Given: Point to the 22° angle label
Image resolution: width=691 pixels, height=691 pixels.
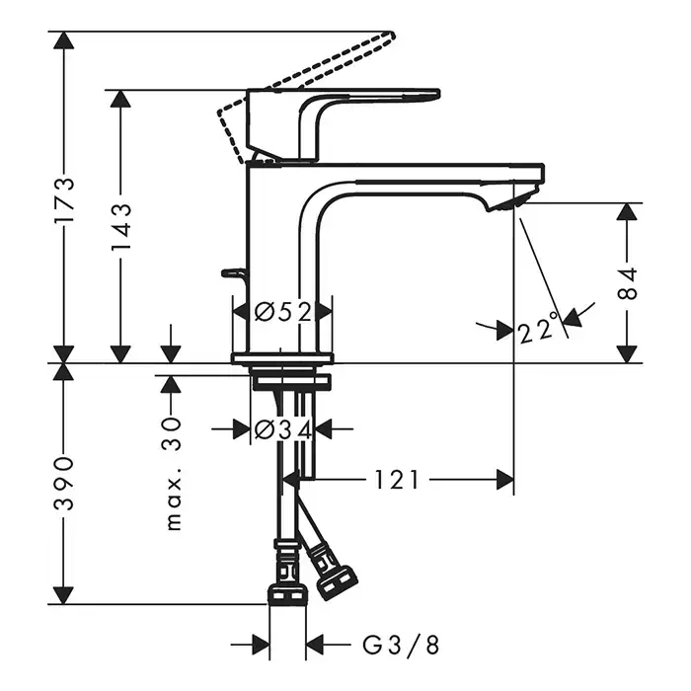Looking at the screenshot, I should pos(538,328).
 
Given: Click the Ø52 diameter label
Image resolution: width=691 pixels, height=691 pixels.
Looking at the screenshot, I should pos(282,312).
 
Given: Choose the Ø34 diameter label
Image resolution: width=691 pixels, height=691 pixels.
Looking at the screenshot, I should pos(282,429).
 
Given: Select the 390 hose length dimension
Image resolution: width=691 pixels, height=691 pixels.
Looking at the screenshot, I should pos(64,483).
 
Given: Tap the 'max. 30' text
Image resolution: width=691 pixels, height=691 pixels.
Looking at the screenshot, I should pos(174,472).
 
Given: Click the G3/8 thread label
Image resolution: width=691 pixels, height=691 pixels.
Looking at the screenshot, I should pos(401,645).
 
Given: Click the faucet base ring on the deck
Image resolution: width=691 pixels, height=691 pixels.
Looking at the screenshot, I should pos(281,358).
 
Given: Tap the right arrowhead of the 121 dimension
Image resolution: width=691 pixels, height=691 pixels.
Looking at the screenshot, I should pos(505,481).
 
